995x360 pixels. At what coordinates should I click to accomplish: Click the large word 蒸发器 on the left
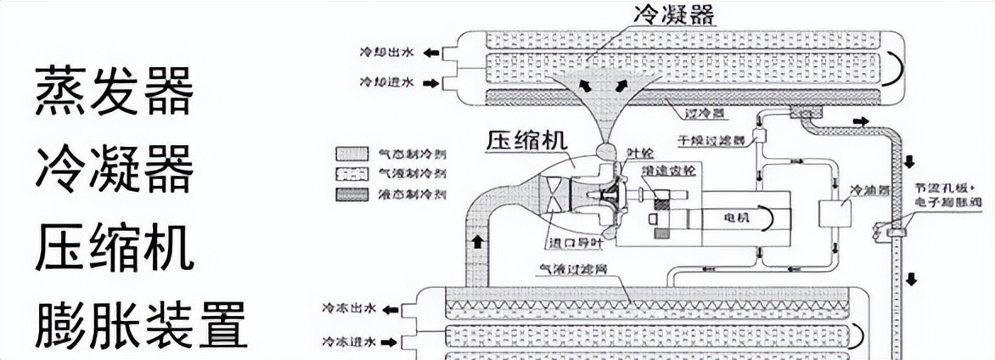(114, 93)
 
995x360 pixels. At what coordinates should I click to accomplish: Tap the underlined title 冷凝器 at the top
(673, 15)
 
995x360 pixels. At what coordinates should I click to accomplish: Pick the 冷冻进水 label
(349, 342)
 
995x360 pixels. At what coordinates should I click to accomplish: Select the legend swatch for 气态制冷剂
(351, 155)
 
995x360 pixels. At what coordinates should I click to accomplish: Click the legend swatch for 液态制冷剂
(351, 194)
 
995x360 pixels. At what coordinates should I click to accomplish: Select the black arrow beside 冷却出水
(430, 53)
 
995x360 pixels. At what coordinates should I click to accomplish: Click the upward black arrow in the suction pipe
(477, 241)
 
